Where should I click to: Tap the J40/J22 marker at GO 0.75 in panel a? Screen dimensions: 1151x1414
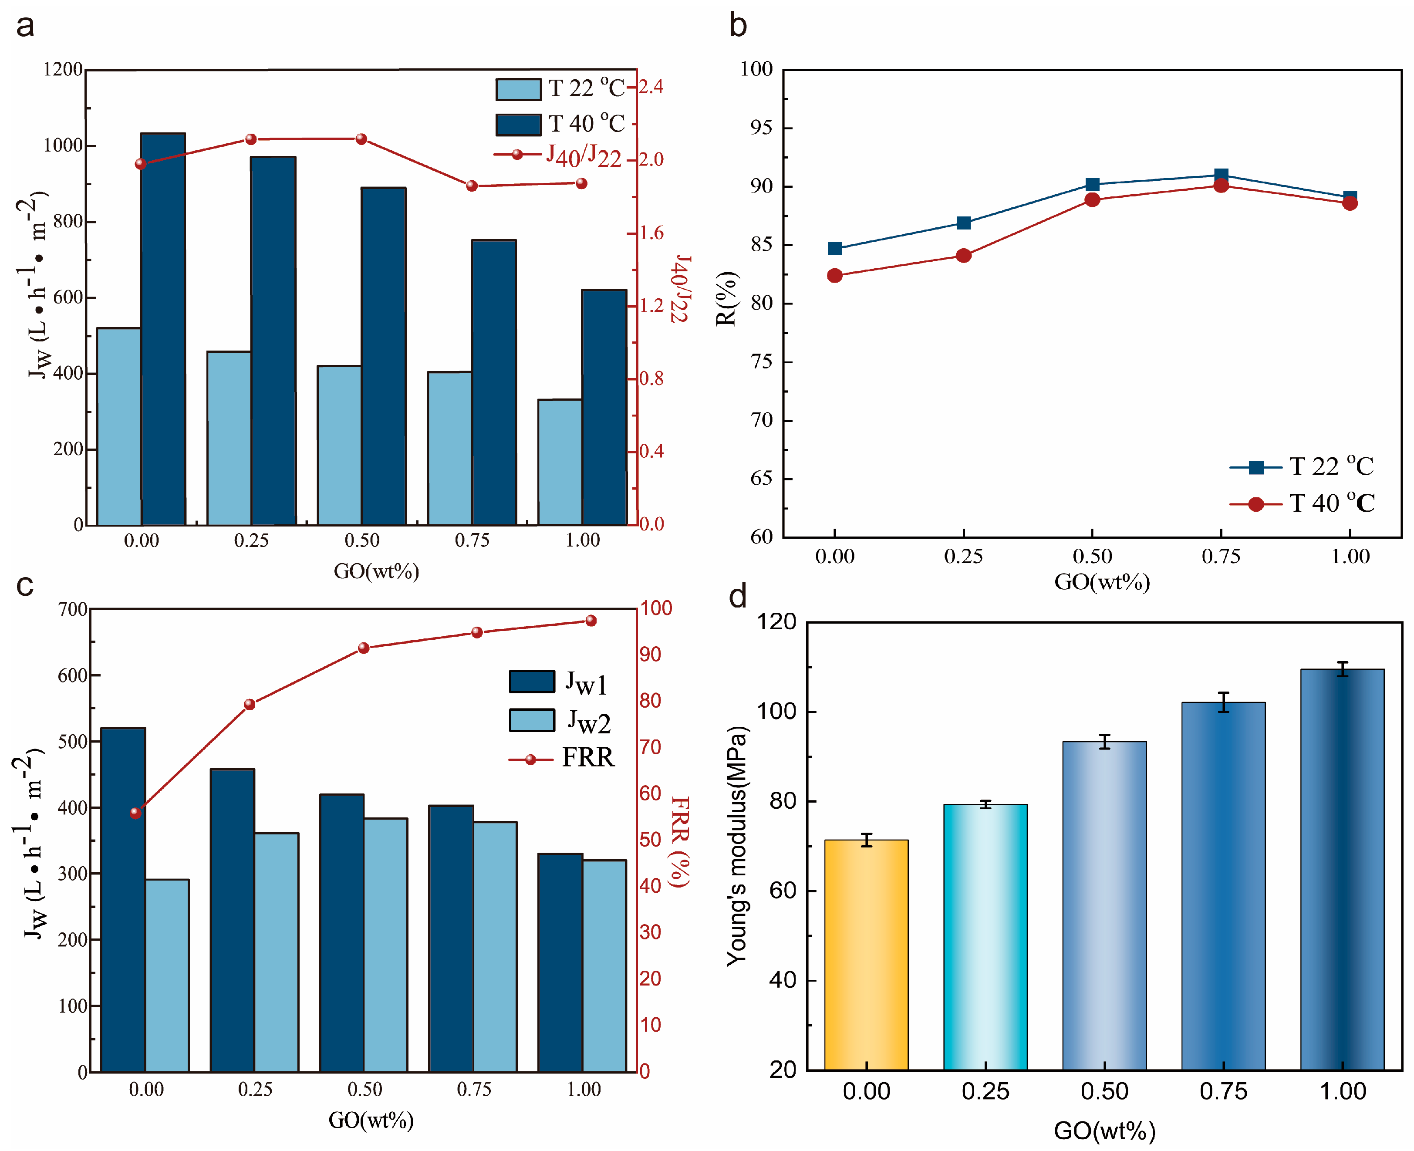(472, 186)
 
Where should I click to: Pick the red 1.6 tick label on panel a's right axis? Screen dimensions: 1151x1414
(651, 233)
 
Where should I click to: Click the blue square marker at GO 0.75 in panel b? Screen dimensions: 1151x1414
(1221, 175)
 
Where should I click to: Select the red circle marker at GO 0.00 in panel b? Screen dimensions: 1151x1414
(835, 276)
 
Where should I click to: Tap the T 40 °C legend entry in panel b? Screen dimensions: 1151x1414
(1303, 503)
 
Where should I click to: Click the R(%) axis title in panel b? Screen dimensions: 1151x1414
(726, 298)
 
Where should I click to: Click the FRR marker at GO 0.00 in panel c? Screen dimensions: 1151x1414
(136, 813)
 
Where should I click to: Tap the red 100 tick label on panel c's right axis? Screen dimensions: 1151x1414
(656, 608)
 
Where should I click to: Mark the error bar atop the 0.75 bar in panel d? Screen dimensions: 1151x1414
(1224, 702)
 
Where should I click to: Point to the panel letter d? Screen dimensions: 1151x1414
(737, 596)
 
